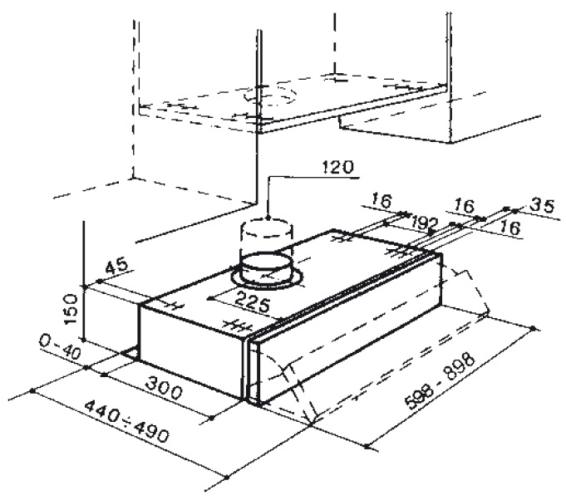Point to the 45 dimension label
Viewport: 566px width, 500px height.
pos(117,267)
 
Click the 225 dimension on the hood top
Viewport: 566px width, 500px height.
pos(252,302)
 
